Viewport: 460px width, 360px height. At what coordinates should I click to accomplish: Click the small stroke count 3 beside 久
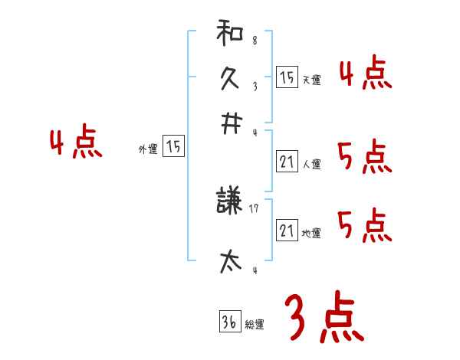click(254, 87)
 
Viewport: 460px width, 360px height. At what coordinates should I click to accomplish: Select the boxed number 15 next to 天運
click(287, 77)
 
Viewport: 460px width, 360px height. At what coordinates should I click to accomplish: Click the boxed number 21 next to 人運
click(287, 162)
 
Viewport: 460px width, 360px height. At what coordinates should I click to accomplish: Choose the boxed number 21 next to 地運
click(287, 231)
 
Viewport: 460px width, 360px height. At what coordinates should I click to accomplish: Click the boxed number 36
click(229, 322)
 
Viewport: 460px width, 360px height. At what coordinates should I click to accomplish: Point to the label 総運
click(254, 325)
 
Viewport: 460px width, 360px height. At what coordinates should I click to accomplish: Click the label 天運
click(311, 80)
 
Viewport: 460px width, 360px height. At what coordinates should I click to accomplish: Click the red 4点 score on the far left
click(76, 143)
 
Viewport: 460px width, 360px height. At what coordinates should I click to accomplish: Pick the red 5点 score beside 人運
click(364, 158)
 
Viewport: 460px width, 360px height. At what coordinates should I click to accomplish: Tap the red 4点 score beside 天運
click(365, 75)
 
